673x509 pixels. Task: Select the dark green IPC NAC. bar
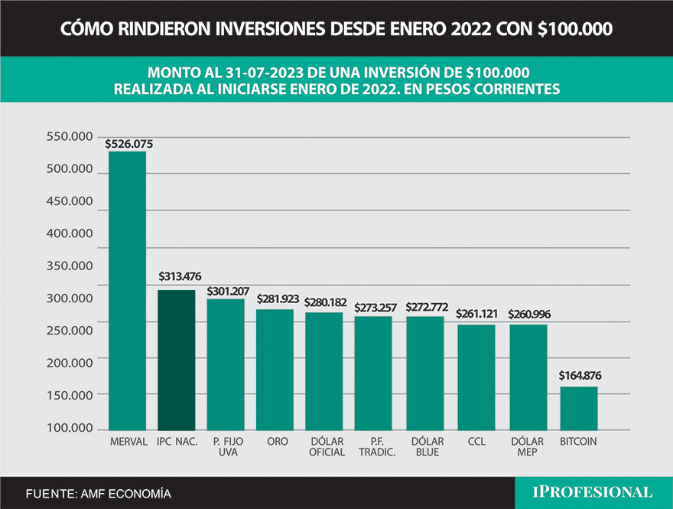point(176,359)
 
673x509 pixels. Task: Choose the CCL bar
point(476,376)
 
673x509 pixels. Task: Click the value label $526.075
point(127,142)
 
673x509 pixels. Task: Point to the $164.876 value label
point(579,376)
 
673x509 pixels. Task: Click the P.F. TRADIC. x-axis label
point(376,446)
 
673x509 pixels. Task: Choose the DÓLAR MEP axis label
point(528,446)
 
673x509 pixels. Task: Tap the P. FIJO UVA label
point(226,446)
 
